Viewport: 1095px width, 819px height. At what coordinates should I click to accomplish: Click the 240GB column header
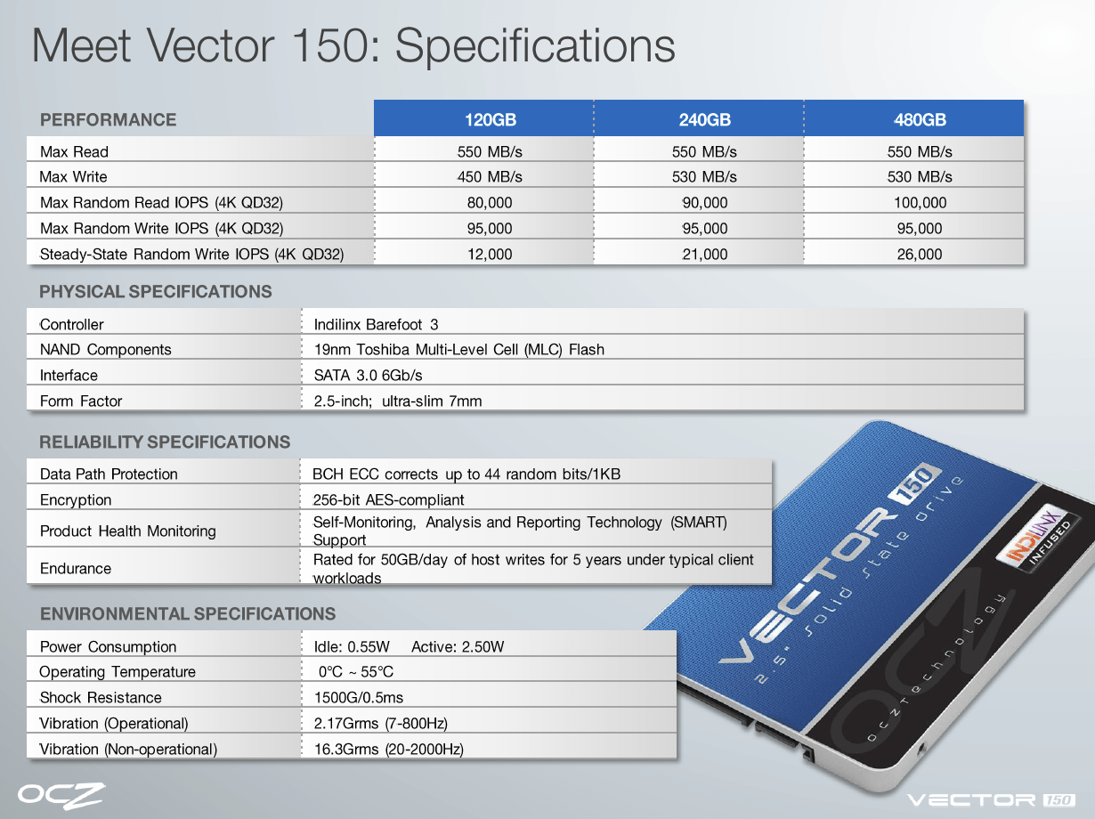click(704, 119)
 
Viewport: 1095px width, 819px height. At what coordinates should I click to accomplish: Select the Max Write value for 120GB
click(490, 176)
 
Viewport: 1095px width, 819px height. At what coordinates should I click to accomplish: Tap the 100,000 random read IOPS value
click(920, 202)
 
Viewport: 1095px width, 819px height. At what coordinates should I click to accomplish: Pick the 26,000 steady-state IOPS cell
click(920, 255)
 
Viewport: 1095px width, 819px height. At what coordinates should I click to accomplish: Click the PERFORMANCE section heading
click(108, 119)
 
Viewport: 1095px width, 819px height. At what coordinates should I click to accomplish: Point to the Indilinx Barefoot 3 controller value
click(377, 325)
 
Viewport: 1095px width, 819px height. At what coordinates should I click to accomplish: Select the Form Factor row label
click(81, 401)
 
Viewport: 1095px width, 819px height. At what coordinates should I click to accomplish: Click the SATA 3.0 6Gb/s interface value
click(369, 375)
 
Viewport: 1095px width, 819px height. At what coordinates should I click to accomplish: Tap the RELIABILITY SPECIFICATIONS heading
click(165, 442)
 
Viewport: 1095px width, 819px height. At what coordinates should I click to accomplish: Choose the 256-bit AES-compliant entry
click(388, 499)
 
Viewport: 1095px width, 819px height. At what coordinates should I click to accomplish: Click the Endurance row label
click(76, 569)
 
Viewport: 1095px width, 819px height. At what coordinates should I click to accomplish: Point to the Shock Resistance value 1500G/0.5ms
click(359, 697)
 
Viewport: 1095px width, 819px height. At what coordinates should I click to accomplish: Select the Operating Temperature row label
click(118, 672)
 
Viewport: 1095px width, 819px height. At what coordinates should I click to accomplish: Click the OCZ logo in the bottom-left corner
click(61, 796)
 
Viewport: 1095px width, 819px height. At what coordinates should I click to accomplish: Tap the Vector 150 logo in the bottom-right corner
click(991, 800)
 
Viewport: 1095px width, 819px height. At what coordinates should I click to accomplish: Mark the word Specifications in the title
click(535, 46)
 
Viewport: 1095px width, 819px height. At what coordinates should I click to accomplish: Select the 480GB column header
click(920, 119)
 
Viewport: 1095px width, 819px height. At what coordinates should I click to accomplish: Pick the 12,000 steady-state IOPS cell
click(490, 255)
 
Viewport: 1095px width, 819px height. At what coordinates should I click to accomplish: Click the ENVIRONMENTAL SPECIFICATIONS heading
click(188, 614)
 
